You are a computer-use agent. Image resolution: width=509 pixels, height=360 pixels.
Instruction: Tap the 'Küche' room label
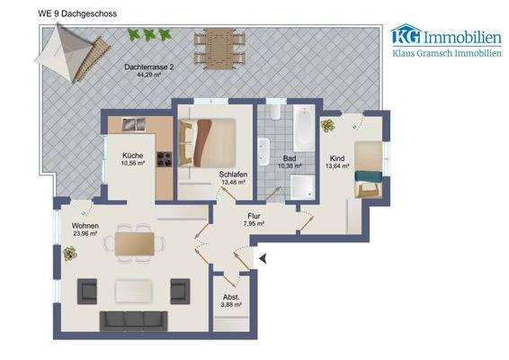point(132,156)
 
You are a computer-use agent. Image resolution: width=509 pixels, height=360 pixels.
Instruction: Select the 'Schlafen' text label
point(233,174)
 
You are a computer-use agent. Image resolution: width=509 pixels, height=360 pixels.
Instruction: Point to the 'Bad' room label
point(290,157)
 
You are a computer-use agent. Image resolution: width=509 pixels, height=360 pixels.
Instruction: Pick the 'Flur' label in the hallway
point(254,215)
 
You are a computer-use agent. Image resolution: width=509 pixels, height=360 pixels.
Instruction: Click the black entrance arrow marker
point(263,259)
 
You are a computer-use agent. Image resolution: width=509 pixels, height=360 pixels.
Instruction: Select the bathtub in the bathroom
point(302,129)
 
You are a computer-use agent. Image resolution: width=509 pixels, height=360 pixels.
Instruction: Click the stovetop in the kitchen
point(165,160)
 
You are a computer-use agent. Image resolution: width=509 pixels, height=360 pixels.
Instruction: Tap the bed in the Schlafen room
point(213,141)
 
